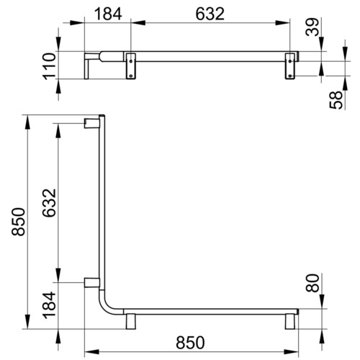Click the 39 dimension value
tap(312, 27)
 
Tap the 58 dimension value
tap(336, 100)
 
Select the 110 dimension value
tap(49, 66)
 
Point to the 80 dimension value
tap(312, 283)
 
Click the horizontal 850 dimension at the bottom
tap(190, 343)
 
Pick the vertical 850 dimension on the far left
tap(19, 222)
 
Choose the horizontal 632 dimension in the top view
tap(210, 14)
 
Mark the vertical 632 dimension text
tap(49, 203)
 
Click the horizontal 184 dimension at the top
tap(108, 14)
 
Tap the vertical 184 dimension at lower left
tap(49, 305)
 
